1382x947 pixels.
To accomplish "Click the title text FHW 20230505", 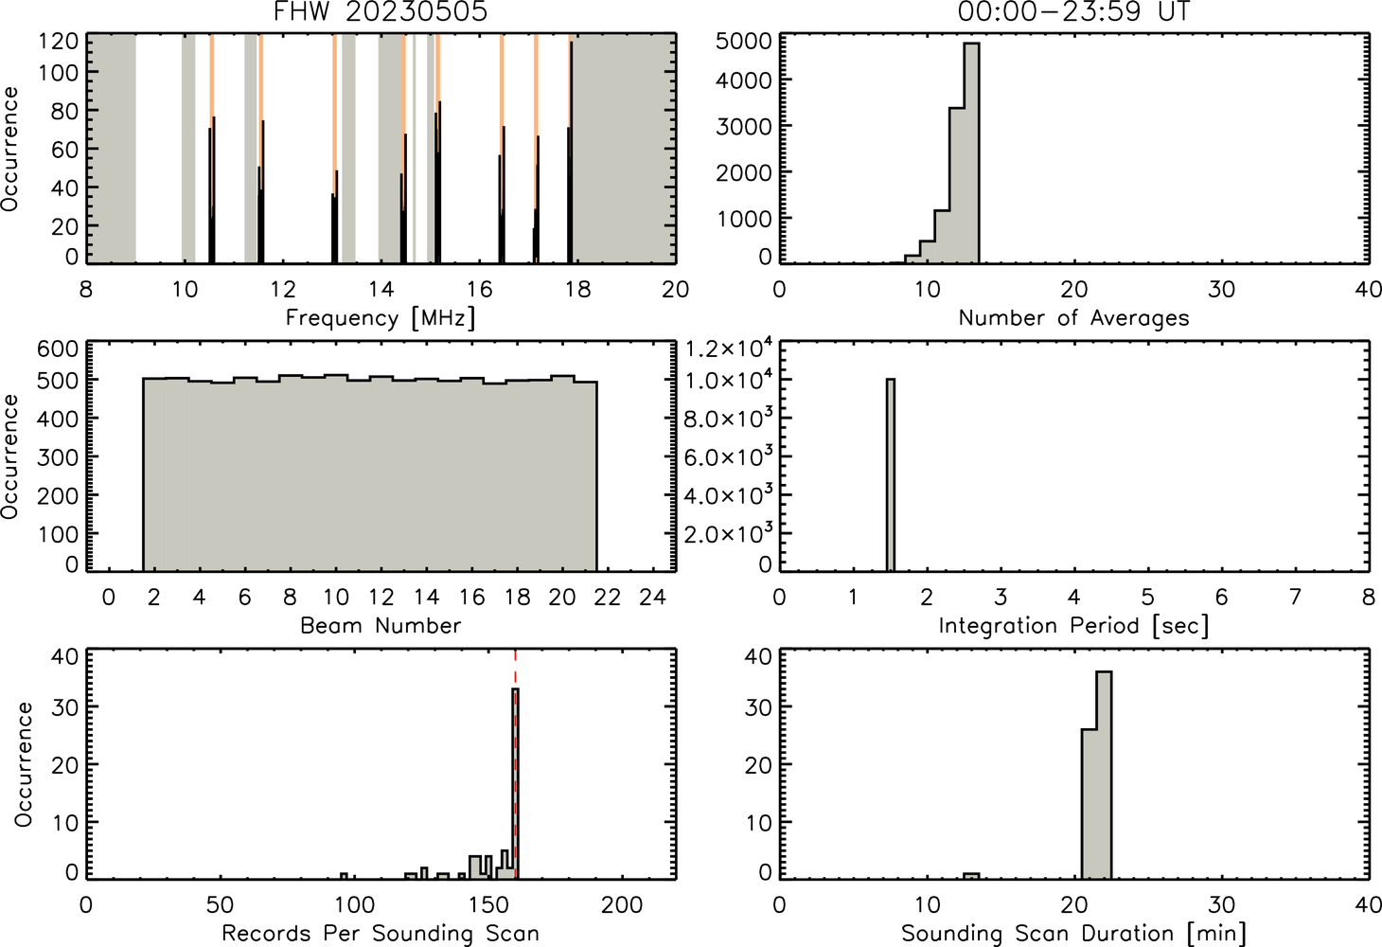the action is pos(381,11).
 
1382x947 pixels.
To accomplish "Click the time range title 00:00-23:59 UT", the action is pos(1073,11).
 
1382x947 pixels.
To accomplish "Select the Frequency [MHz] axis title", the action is pos(381,318).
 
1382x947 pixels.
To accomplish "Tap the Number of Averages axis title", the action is pos(1073,318).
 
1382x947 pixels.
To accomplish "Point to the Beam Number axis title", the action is pos(381,626).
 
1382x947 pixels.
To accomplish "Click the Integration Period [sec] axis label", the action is pos(1073,626).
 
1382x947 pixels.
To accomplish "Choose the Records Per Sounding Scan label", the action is pos(381,934).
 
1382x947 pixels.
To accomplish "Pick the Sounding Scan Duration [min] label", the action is pos(1073,934).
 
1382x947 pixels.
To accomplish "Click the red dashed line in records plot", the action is pos(515,763).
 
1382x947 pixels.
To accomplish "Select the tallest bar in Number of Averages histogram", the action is pos(972,153).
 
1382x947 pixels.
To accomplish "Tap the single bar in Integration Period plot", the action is pos(891,475).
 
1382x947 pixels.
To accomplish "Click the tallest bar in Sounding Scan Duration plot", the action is pos(1104,775).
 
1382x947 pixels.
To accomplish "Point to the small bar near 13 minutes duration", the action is pos(971,876).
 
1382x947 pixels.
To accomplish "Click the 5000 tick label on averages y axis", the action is pos(743,42).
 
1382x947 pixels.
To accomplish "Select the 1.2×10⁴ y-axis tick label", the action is pos(729,348).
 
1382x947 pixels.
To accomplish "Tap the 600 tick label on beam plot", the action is pos(58,349).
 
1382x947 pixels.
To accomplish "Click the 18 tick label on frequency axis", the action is pos(577,289).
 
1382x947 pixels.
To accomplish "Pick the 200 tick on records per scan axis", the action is pos(622,905).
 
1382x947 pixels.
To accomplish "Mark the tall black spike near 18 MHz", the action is pos(571,152).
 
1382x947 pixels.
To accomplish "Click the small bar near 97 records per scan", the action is pos(344,876).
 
